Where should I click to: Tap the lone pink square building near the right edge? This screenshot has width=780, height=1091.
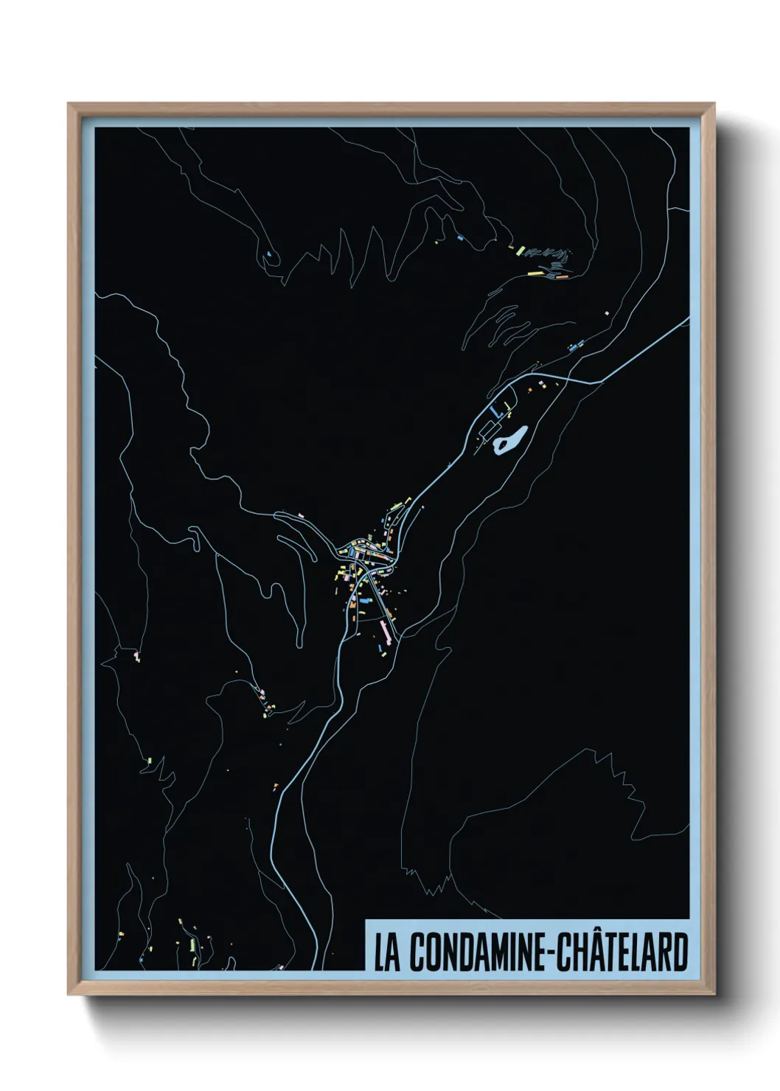click(607, 313)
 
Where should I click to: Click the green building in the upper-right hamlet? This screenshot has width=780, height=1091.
click(520, 251)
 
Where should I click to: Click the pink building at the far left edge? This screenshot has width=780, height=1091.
click(137, 655)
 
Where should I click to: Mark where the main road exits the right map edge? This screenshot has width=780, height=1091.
click(687, 318)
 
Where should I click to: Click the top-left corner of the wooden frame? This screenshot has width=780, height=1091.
click(69, 104)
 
